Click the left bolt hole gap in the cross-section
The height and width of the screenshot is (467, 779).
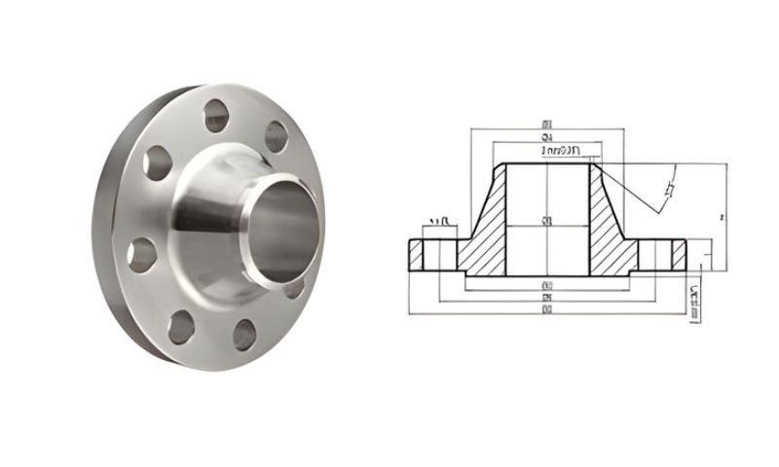pyautogui.click(x=437, y=254)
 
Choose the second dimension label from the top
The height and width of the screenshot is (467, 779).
pyautogui.click(x=547, y=139)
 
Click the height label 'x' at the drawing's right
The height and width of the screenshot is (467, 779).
pyautogui.click(x=718, y=217)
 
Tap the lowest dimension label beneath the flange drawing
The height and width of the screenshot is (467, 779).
pyautogui.click(x=548, y=308)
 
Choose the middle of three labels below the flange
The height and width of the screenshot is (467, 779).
pyautogui.click(x=548, y=297)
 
